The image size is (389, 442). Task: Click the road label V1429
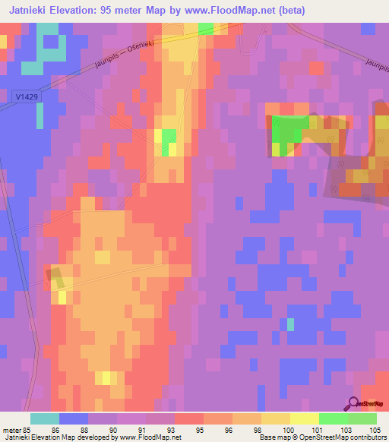[26, 97]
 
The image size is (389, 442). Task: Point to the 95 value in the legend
[188, 429]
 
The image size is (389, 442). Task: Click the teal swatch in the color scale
[45, 418]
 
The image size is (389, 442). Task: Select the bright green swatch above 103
[334, 418]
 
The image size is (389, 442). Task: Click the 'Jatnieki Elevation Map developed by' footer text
[53, 437]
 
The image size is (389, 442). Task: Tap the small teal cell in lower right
[290, 324]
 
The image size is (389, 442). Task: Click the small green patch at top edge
[206, 28]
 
